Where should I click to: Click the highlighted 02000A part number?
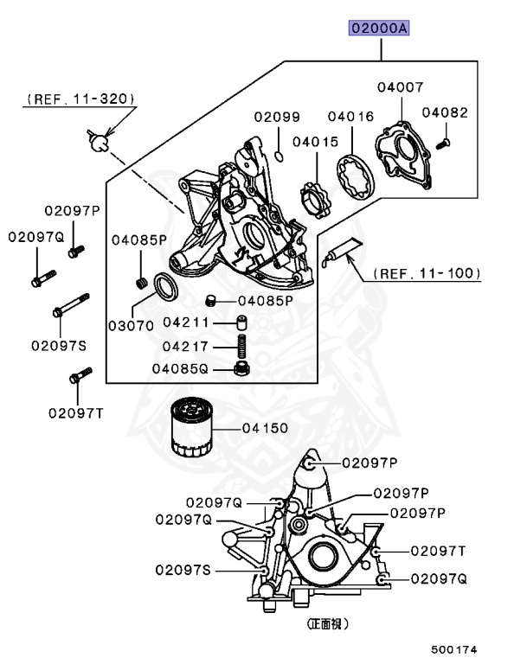pos(379,29)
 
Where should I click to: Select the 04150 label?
pos(266,428)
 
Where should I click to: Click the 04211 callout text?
pos(187,322)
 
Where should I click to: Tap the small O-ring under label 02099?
pos(278,156)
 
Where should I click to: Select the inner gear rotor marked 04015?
pos(316,196)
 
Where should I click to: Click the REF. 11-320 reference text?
pos(80,99)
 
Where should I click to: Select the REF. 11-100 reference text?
pos(427,273)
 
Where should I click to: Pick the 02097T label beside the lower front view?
pos(439,550)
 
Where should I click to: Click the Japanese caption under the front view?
pos(333,622)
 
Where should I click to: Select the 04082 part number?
pos(445,112)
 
